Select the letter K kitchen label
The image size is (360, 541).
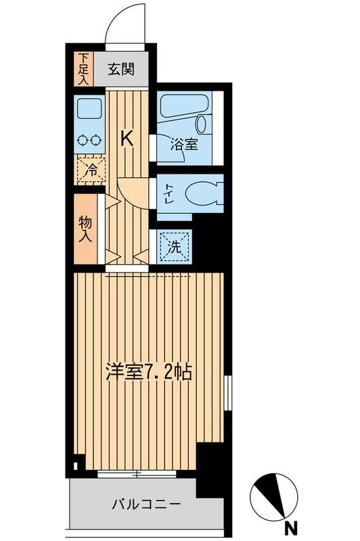(127, 139)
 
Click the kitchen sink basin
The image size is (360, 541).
(89, 108)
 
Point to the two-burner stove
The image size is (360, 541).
(89, 141)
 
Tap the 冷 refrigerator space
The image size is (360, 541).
(89, 169)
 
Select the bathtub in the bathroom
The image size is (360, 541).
(185, 104)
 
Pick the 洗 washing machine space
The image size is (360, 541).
(175, 246)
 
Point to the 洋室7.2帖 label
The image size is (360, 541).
(148, 372)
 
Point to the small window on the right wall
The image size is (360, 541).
(227, 392)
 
